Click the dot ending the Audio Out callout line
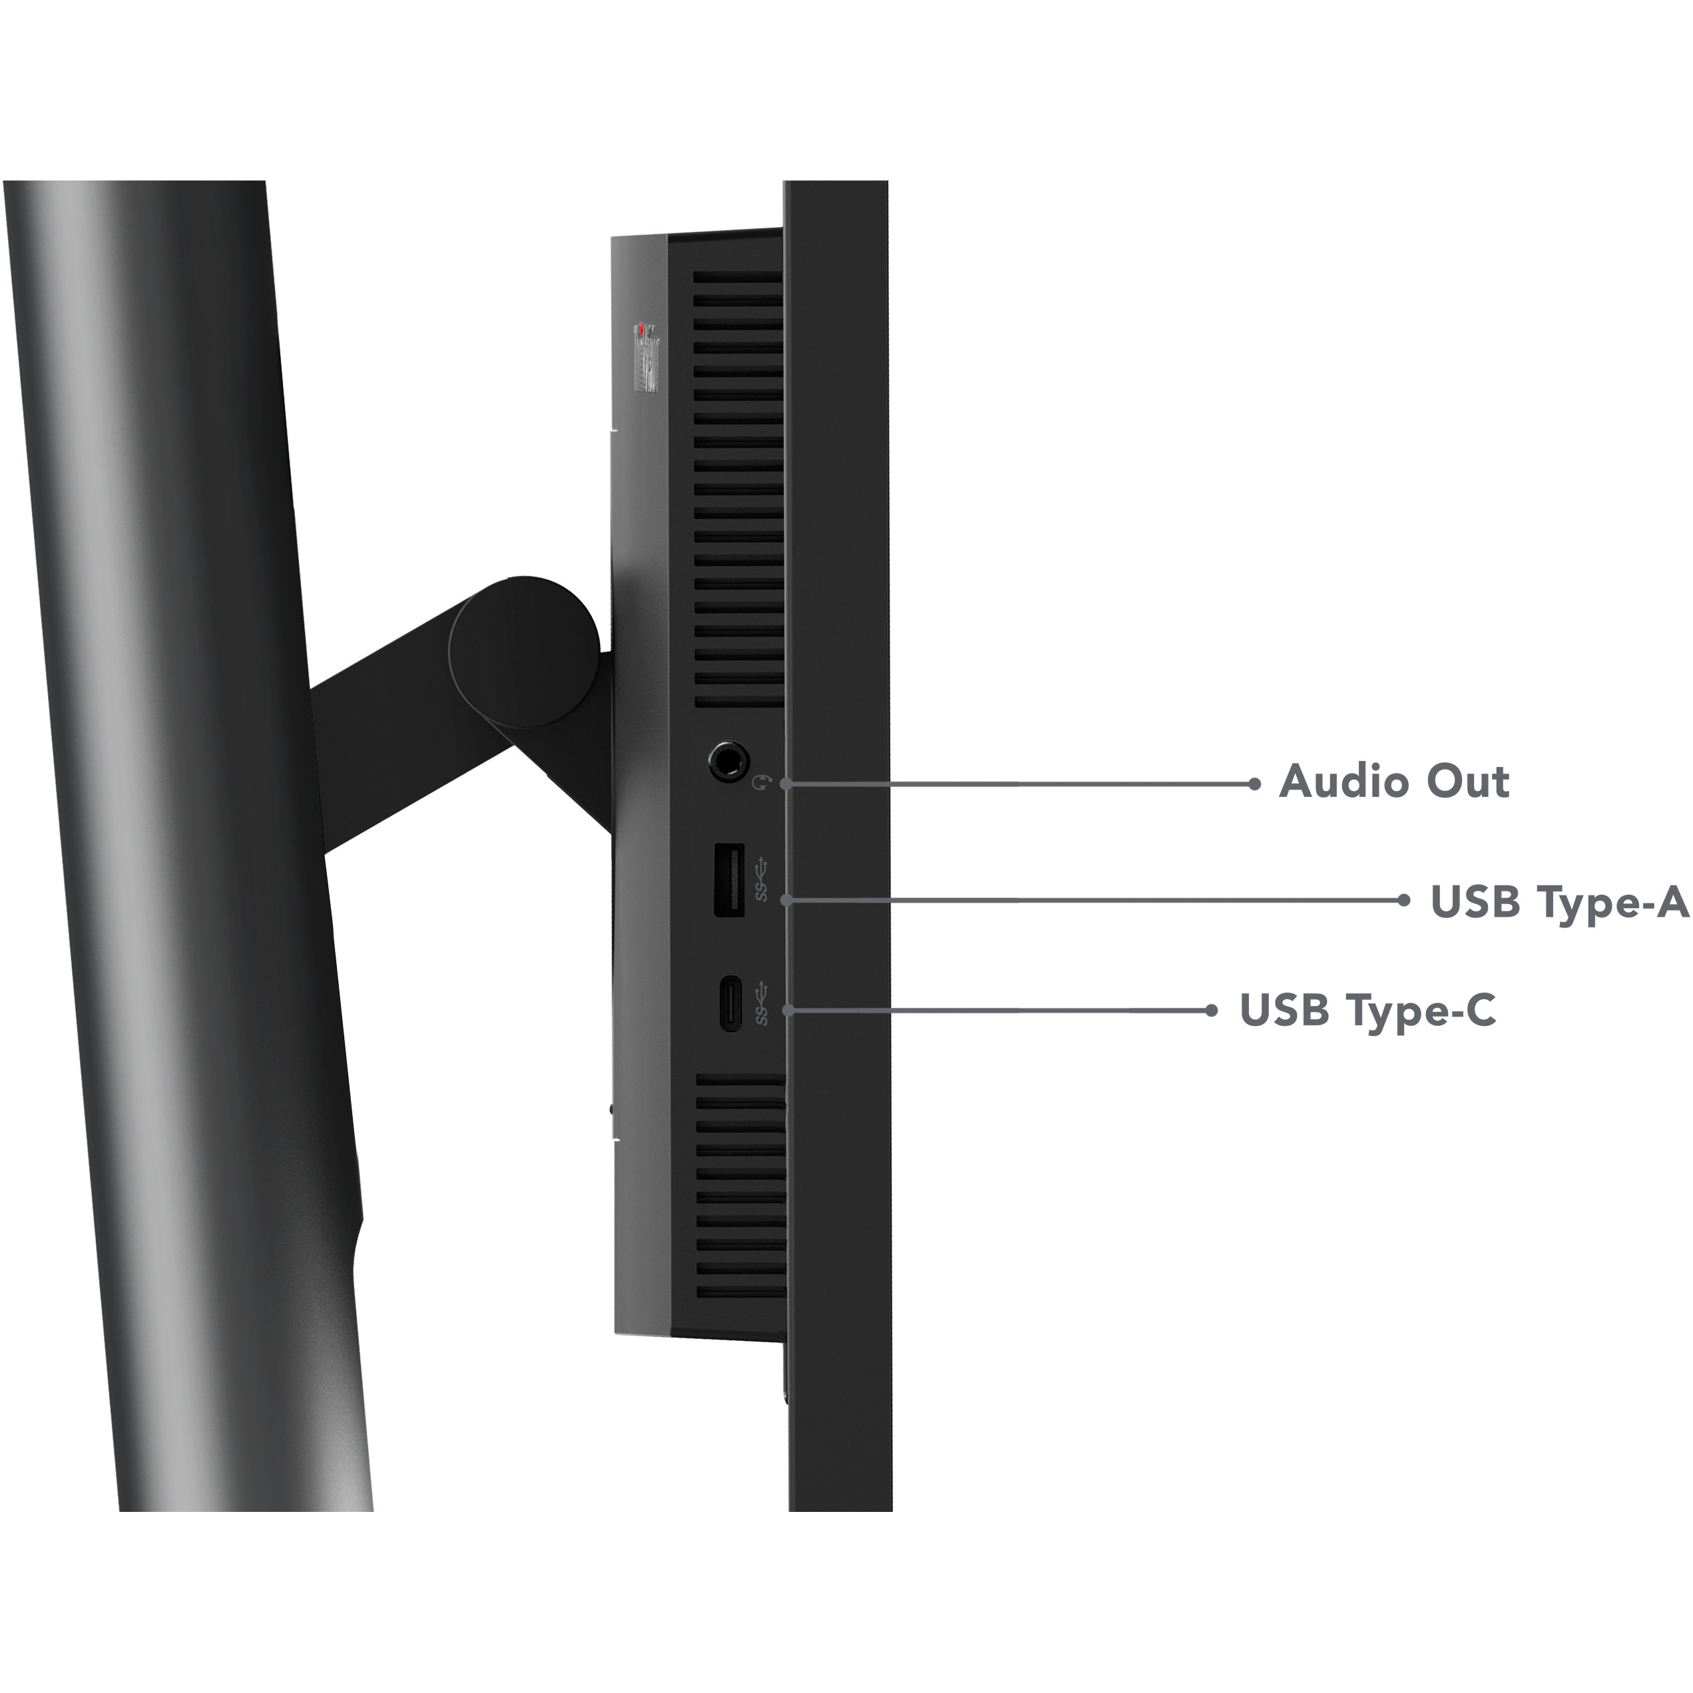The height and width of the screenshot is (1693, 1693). tap(1254, 784)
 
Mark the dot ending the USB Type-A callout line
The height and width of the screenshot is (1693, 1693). tap(1404, 900)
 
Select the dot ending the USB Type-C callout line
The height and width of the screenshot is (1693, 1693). tap(1211, 1011)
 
